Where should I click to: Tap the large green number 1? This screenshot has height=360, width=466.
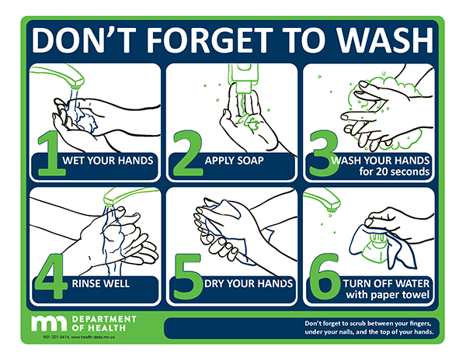pos(49,156)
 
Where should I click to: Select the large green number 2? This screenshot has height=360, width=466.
pos(187,156)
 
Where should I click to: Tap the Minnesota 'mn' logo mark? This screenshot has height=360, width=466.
pos(50,322)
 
